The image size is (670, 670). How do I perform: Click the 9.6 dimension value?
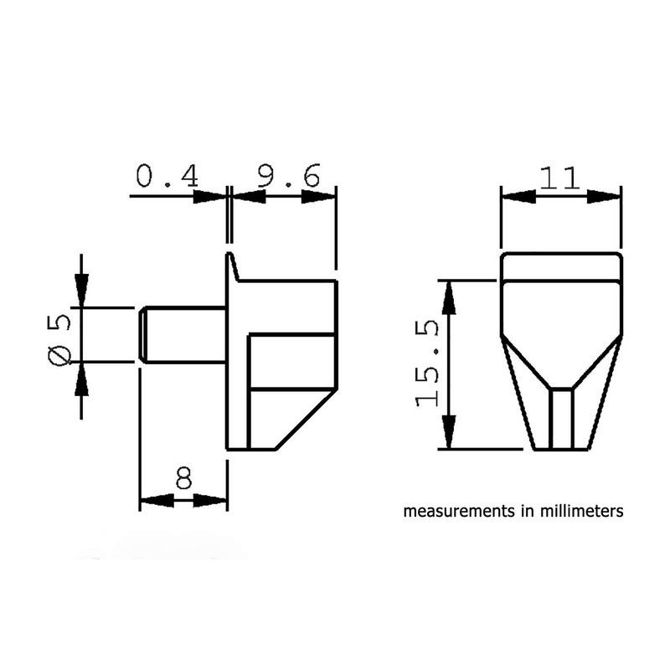click(287, 177)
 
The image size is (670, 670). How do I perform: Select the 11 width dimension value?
click(560, 179)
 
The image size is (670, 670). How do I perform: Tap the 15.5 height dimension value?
click(429, 365)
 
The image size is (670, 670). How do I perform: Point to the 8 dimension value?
click(183, 478)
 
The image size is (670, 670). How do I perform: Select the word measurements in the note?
click(451, 511)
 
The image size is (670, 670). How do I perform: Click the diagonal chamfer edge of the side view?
click(306, 419)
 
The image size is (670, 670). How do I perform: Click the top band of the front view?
click(561, 268)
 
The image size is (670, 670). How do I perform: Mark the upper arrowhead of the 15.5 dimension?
click(450, 297)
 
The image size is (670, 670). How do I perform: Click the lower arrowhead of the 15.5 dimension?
click(450, 431)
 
